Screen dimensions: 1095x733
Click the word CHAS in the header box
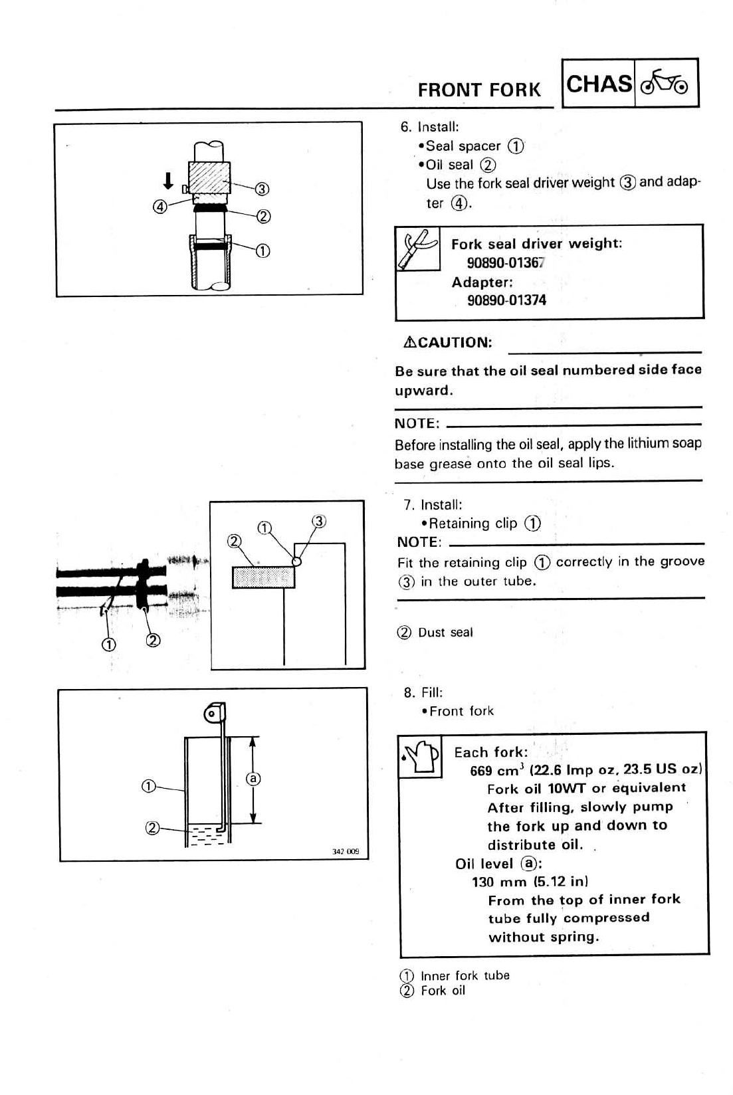[599, 84]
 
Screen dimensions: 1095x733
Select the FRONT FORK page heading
[479, 90]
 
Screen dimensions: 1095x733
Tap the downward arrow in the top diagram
[168, 180]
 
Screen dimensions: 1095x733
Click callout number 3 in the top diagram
[262, 189]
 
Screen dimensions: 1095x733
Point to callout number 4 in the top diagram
[159, 206]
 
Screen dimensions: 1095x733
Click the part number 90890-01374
[506, 300]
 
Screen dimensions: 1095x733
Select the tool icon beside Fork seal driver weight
[417, 249]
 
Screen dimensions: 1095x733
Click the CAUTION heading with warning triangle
[447, 343]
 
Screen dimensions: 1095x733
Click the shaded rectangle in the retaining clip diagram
[263, 577]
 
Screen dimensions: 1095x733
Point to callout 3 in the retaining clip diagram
[319, 521]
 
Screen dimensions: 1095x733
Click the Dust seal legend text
[445, 633]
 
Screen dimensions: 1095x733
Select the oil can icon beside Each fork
[420, 755]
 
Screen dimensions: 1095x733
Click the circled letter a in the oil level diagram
[253, 778]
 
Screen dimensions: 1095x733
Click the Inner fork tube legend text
[465, 975]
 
